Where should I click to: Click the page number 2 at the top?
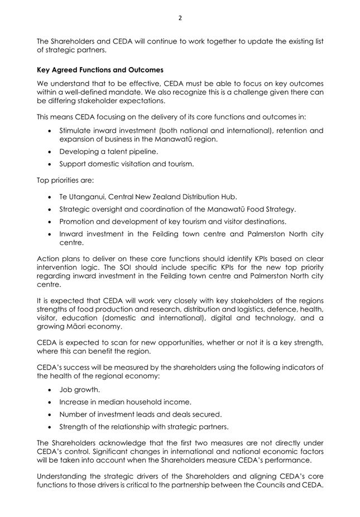point(180,17)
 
